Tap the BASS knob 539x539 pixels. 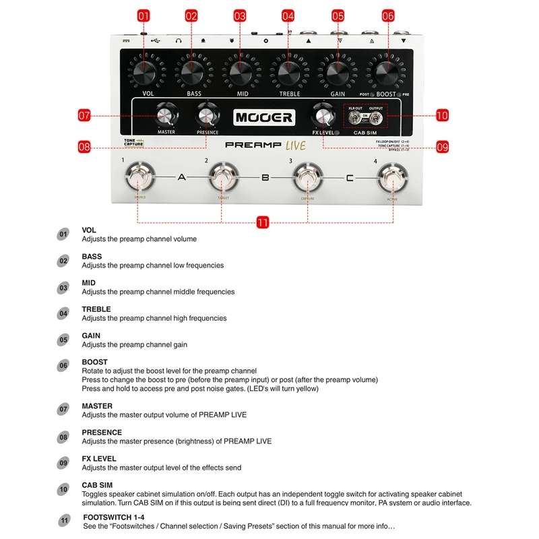pos(192,72)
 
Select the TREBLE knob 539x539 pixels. pos(288,72)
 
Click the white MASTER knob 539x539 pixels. pos(166,116)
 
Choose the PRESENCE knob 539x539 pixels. pos(207,116)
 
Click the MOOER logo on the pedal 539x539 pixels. pos(264,117)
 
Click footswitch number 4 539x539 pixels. pos(391,179)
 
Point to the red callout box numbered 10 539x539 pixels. pos(442,115)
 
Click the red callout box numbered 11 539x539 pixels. pos(263,222)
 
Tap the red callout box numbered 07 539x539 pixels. pos(84,115)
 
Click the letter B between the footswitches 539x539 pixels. pos(265,178)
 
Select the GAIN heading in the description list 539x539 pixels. pos(91,336)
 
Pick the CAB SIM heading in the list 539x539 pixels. pos(97,485)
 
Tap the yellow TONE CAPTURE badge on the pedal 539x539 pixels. pos(134,142)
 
